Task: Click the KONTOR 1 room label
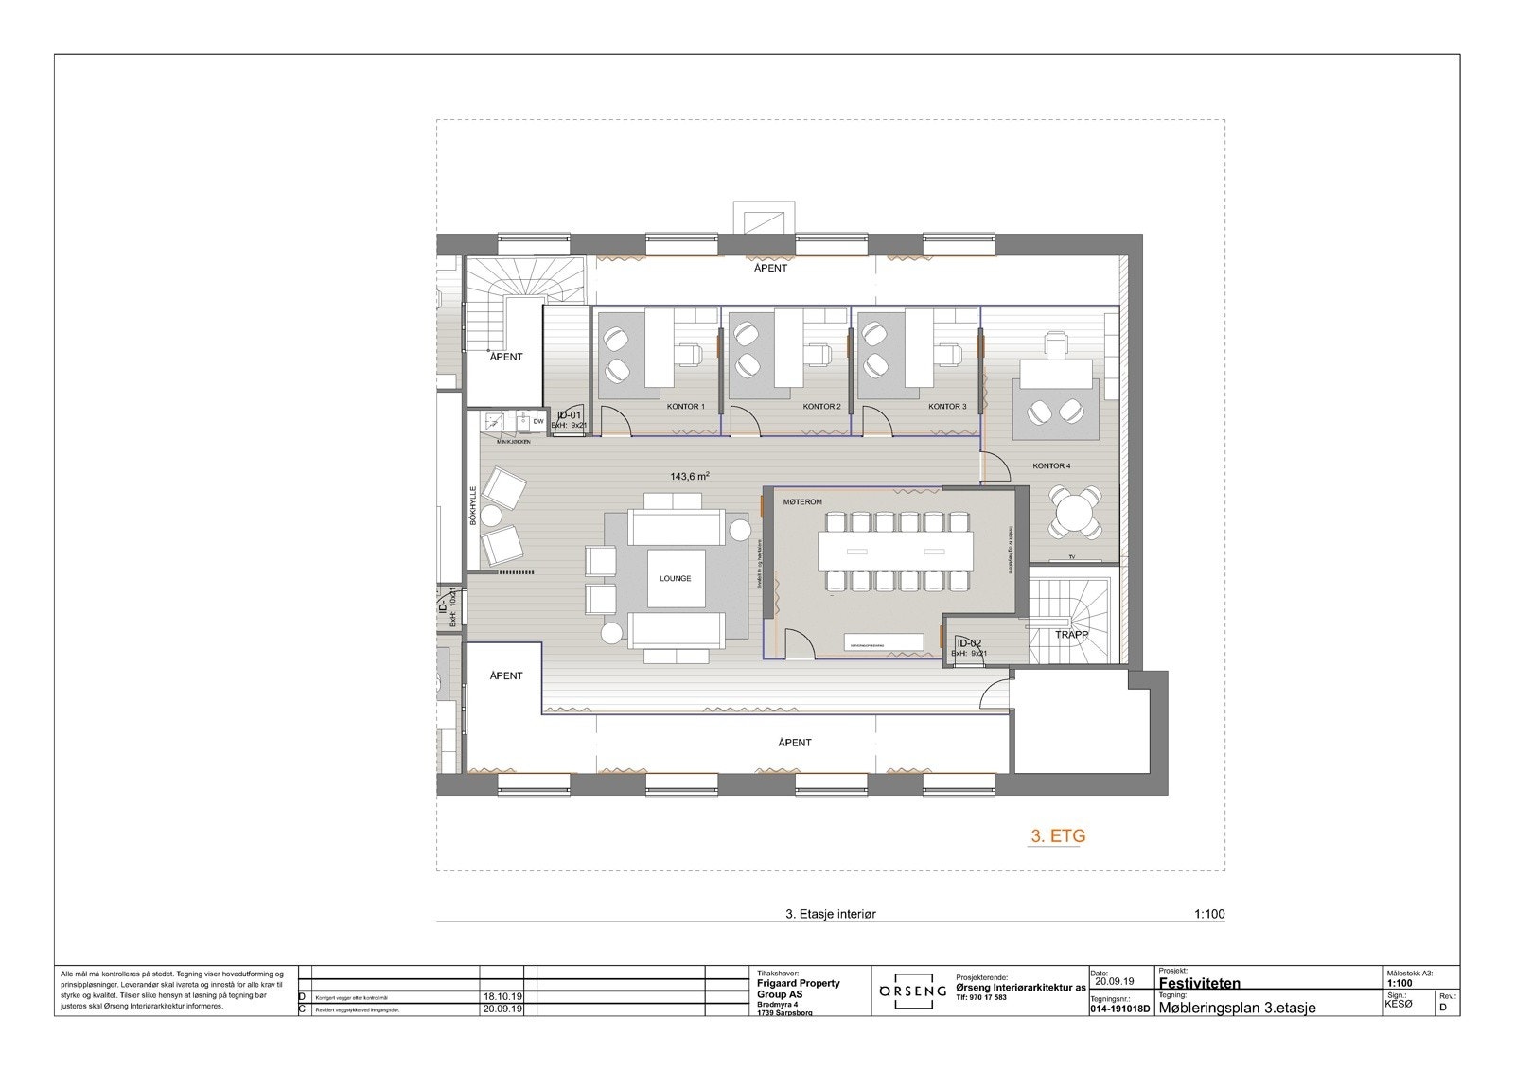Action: coord(685,407)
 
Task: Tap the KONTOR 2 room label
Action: coord(821,407)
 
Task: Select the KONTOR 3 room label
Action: coord(947,407)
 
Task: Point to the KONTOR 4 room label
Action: coord(1051,466)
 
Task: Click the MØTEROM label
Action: coord(802,502)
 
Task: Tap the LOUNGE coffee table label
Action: coord(676,578)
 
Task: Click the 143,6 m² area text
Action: coord(690,477)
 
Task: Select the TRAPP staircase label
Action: coord(1072,636)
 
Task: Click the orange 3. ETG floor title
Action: coord(1057,836)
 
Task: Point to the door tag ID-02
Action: coord(969,643)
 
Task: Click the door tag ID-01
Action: coord(569,415)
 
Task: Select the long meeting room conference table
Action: coord(895,550)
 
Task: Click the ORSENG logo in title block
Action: coord(912,991)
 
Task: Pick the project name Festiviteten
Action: coord(1199,983)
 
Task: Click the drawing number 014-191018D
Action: coord(1119,1009)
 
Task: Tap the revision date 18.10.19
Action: coord(502,997)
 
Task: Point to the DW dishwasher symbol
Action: coord(537,421)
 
